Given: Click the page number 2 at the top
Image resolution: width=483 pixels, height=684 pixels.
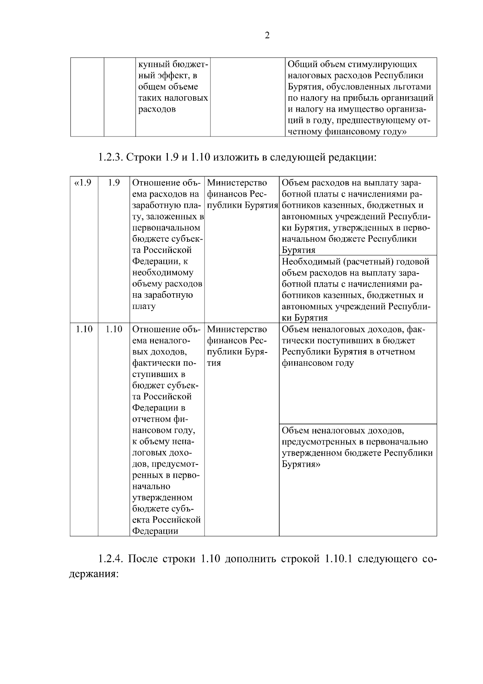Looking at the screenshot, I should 267,36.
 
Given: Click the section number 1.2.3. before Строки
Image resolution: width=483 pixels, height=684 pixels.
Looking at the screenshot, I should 110,157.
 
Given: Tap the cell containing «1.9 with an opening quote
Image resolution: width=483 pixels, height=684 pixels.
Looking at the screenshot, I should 83,183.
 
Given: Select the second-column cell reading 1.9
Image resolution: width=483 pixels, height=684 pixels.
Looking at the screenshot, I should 114,183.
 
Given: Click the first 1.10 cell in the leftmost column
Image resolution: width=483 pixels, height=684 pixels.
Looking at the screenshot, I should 84,330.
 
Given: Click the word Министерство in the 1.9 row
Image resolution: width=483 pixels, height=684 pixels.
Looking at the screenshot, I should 237,183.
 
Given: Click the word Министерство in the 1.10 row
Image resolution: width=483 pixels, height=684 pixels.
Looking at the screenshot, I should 237,330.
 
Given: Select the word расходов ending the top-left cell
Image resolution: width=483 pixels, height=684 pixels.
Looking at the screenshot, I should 157,110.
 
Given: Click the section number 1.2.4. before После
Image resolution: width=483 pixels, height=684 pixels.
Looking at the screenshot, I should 110,560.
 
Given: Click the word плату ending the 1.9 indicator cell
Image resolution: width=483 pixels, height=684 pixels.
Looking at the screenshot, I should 144,307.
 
